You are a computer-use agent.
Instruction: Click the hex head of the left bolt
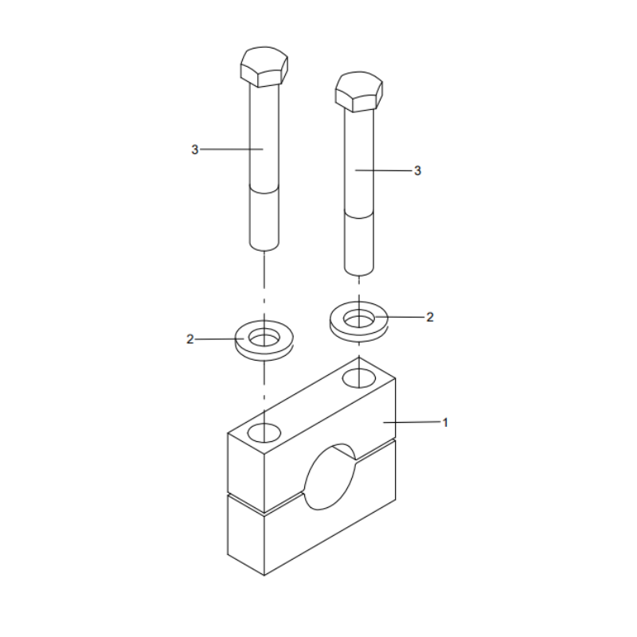click(x=264, y=65)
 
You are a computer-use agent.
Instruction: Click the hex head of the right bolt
click(x=359, y=90)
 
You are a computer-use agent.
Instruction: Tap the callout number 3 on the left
click(x=194, y=149)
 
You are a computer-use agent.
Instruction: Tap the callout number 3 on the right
click(x=417, y=170)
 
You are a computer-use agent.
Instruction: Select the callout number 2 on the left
click(x=190, y=339)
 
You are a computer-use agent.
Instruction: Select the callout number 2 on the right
click(x=430, y=317)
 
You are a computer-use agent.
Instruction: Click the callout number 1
click(x=445, y=422)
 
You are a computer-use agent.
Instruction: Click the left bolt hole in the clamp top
click(x=264, y=432)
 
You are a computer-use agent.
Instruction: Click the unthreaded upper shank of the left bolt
click(x=264, y=135)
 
